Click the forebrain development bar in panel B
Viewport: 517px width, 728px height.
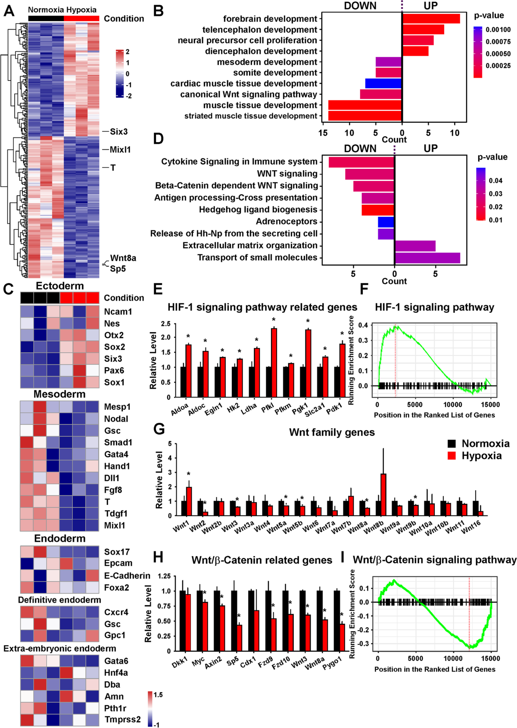[x=431, y=19]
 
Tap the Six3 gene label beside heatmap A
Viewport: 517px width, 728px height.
[x=118, y=132]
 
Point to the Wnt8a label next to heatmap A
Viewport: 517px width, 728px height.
[x=123, y=258]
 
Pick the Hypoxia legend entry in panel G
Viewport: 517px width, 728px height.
[x=481, y=456]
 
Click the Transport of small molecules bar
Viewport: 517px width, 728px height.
[x=427, y=258]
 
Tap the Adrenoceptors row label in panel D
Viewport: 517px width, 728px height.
[x=287, y=221]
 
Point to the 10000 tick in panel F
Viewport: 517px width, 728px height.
[x=453, y=404]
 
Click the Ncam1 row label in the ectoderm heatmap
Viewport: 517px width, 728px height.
[x=118, y=311]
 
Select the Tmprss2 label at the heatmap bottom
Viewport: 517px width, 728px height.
[x=122, y=719]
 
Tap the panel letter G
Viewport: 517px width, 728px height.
[x=159, y=429]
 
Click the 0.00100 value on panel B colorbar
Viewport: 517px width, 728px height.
[x=498, y=30]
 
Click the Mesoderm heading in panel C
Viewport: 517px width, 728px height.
[x=59, y=394]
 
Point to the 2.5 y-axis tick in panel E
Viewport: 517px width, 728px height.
[x=166, y=324]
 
